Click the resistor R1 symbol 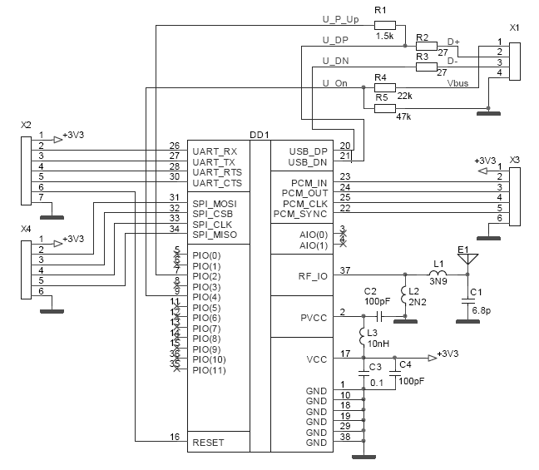(x=384, y=24)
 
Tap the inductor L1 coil (x=438, y=273)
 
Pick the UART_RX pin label (x=215, y=151)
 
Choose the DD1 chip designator (x=259, y=134)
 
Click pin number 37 (x=345, y=270)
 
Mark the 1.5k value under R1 (x=384, y=37)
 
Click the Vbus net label (x=457, y=84)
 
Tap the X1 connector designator (x=514, y=27)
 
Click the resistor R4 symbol (x=383, y=87)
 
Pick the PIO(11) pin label (x=208, y=370)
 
